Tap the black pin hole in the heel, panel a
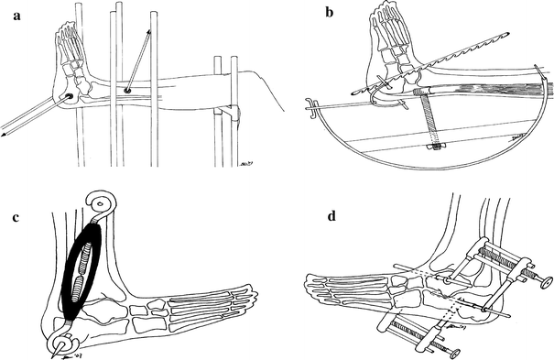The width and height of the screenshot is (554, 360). click(x=70, y=97)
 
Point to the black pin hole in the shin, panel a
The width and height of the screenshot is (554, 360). click(x=127, y=90)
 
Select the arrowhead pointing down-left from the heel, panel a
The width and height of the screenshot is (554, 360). click(x=5, y=136)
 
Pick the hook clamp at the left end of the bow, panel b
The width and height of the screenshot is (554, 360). click(x=312, y=109)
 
